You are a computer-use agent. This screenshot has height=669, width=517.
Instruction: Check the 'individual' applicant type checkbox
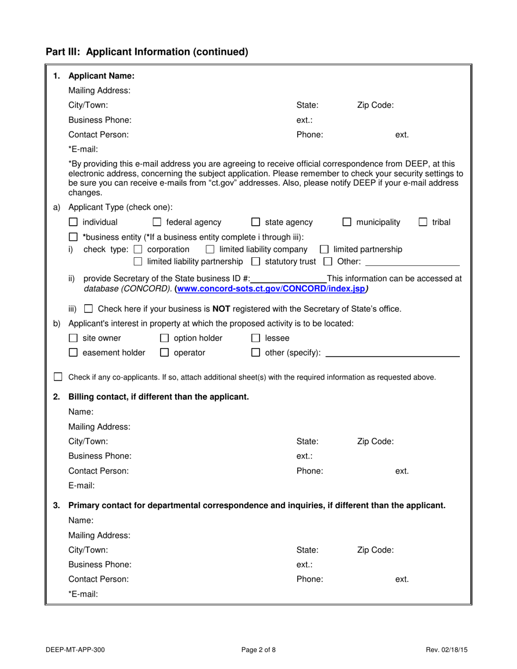(73, 222)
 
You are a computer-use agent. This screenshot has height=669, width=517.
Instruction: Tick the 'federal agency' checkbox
(157, 222)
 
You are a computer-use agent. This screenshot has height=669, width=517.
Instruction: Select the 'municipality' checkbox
(347, 222)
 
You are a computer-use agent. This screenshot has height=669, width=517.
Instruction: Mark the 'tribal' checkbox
(423, 222)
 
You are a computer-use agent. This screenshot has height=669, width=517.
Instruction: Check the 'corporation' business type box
(138, 250)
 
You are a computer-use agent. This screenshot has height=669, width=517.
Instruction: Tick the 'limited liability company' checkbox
(210, 250)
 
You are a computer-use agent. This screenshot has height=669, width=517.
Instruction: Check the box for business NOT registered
(89, 309)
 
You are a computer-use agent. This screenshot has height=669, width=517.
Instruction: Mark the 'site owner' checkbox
(73, 338)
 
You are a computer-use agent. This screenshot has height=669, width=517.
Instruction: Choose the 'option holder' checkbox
(164, 338)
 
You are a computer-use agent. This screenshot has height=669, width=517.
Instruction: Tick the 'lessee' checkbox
(256, 338)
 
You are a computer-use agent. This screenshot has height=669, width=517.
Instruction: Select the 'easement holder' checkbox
(73, 352)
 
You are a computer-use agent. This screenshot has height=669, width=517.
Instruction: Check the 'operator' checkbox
(164, 352)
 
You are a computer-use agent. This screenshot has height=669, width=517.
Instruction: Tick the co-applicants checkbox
(58, 377)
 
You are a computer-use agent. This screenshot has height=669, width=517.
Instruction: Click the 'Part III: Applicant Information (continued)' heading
(147, 52)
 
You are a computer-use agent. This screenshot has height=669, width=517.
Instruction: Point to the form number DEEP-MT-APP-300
(76, 649)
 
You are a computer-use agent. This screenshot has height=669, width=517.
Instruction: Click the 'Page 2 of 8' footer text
(258, 649)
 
